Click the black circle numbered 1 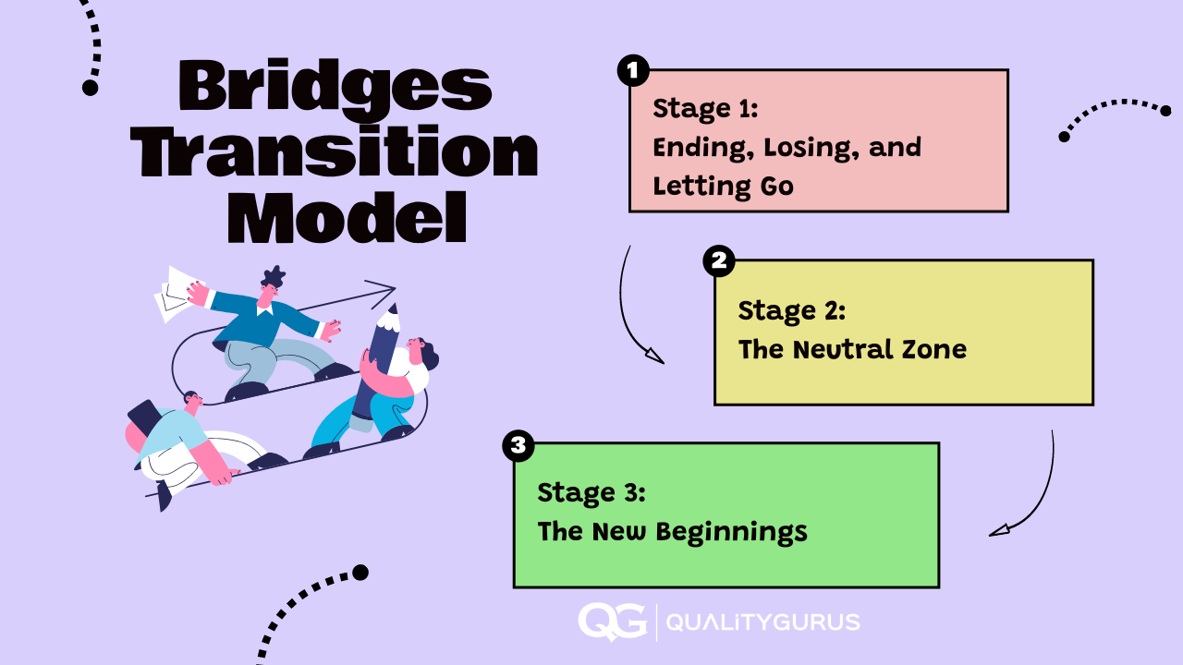(x=633, y=70)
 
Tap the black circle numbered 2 (x=718, y=261)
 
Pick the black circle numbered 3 (x=518, y=446)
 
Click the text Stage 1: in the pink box (x=705, y=108)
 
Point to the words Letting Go (x=723, y=186)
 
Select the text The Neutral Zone (x=851, y=349)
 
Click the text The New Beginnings (x=672, y=532)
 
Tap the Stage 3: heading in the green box (x=591, y=491)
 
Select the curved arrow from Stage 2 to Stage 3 (x=1035, y=499)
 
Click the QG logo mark (x=611, y=622)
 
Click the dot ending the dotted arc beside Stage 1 (x=1064, y=137)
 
